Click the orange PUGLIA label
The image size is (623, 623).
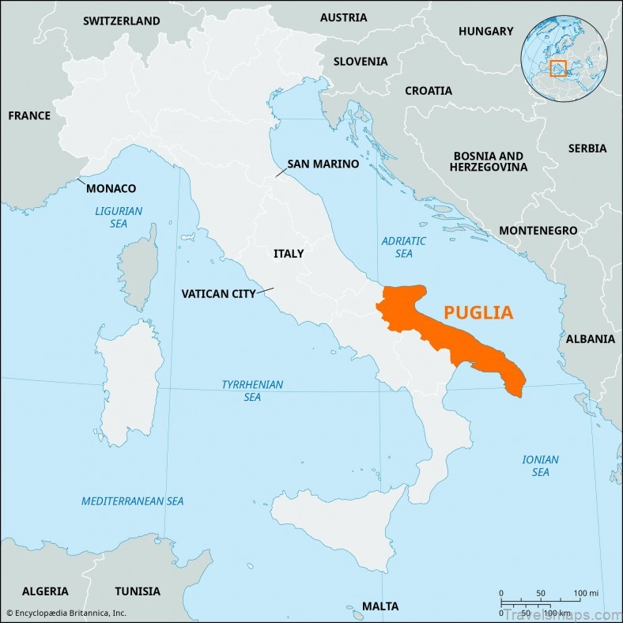(x=478, y=312)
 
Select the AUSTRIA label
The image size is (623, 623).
(x=343, y=17)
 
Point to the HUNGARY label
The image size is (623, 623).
(x=485, y=31)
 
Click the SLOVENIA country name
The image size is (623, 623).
(x=360, y=61)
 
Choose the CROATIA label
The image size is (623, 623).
(x=429, y=90)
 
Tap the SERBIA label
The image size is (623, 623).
(x=587, y=148)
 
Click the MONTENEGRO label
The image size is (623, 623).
(x=538, y=230)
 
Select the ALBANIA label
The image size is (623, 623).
(x=590, y=338)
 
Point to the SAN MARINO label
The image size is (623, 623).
(x=323, y=164)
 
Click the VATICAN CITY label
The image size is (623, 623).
(x=218, y=293)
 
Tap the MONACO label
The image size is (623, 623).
(x=111, y=188)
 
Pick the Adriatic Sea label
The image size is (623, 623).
(x=403, y=247)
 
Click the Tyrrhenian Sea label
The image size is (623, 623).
(x=252, y=391)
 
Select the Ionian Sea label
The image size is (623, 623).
(x=540, y=466)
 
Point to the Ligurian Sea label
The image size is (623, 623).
(x=119, y=217)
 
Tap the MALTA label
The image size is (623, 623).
(x=380, y=606)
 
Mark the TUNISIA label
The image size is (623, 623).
(x=138, y=591)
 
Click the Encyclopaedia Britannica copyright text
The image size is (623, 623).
(x=66, y=613)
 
